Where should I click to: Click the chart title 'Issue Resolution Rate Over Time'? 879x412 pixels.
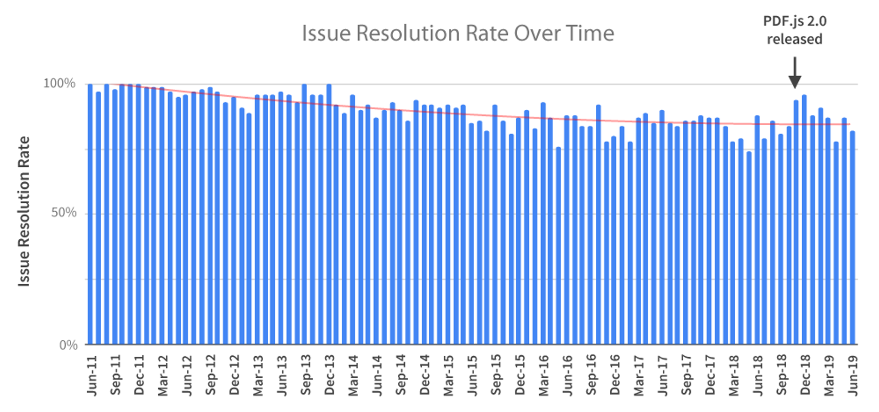(458, 33)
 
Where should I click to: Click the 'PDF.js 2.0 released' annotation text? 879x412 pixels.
(794, 30)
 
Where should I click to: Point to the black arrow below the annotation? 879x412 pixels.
(794, 73)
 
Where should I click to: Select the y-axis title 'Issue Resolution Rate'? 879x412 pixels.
(24, 211)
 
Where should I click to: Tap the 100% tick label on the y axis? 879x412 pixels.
(59, 83)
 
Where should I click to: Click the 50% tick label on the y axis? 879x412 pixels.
(64, 213)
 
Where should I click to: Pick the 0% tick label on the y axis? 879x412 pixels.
(68, 345)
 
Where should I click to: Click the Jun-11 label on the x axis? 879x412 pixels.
(92, 376)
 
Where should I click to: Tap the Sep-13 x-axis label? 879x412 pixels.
(305, 376)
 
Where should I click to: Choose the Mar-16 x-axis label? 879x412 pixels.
(543, 376)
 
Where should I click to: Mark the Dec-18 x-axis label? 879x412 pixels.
(805, 376)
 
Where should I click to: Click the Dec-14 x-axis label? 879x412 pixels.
(424, 376)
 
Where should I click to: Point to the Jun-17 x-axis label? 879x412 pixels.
(662, 376)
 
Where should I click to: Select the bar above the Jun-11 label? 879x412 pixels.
(90, 214)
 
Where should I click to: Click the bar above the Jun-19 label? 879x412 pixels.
(852, 238)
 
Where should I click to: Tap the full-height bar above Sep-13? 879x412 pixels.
(304, 214)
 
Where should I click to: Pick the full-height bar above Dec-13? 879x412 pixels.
(329, 214)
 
